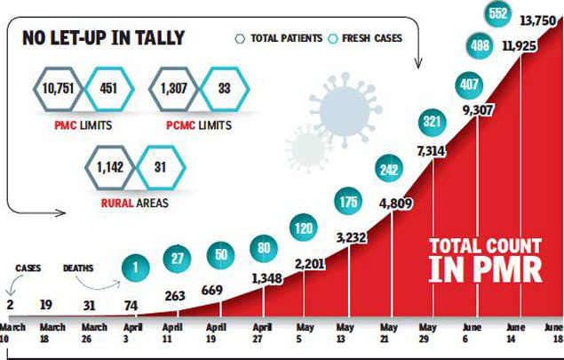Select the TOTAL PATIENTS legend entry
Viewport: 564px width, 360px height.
[x=282, y=38]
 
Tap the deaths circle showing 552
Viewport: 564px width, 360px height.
[x=497, y=13]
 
